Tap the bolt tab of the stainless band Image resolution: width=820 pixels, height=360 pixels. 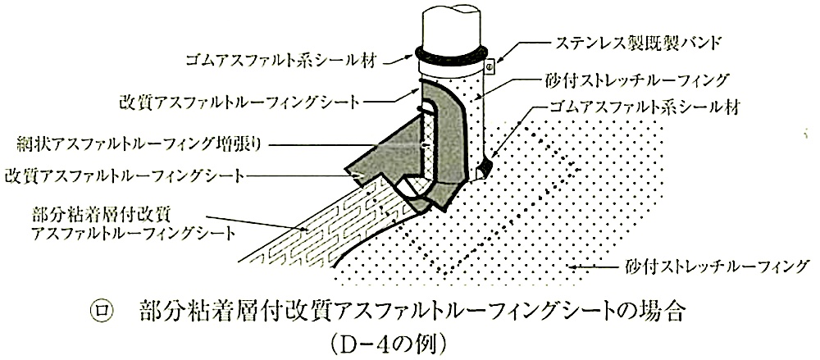tap(490, 66)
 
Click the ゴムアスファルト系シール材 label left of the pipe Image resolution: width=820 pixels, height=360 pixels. tap(284, 63)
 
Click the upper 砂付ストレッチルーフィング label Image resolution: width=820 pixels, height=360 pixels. tap(635, 80)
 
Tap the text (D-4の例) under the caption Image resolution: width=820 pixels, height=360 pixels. tap(388, 344)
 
